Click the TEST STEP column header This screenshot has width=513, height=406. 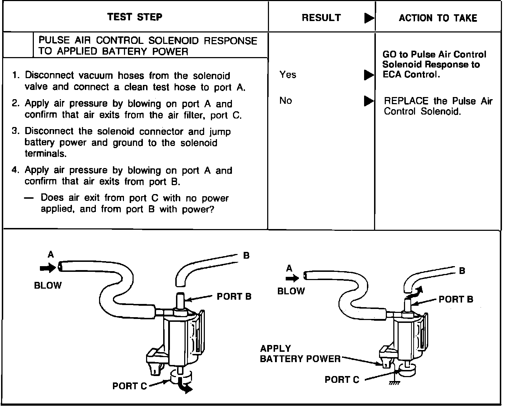click(135, 17)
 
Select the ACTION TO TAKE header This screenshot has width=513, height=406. click(438, 18)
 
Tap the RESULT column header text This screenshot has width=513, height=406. click(321, 18)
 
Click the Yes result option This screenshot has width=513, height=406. click(288, 75)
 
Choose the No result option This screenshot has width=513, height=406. click(286, 101)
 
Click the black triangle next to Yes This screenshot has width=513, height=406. click(369, 75)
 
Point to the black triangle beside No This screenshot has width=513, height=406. click(369, 102)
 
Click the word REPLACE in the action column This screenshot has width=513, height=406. click(406, 101)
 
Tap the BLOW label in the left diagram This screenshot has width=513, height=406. click(48, 285)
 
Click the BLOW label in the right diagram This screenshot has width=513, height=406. click(291, 291)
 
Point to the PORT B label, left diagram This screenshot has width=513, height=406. click(234, 296)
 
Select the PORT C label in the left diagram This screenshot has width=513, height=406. click(129, 386)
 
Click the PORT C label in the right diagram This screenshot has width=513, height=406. click(342, 380)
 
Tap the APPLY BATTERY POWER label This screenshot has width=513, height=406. click(300, 354)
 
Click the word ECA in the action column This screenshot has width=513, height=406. click(392, 75)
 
